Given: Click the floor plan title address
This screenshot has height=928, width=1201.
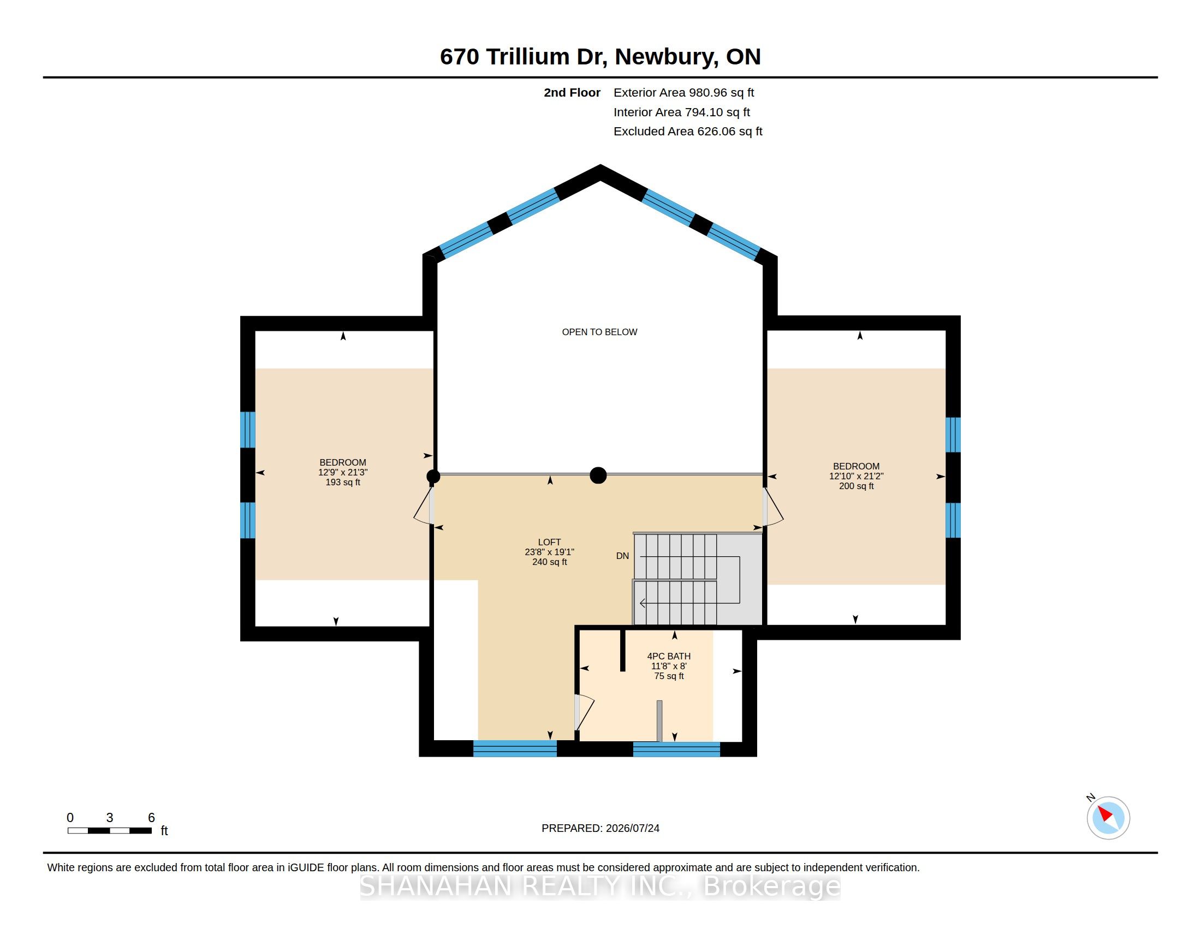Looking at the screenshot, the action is (600, 57).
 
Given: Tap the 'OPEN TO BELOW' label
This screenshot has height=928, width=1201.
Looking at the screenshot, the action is (599, 332).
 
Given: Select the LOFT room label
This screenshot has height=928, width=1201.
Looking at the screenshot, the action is (549, 552).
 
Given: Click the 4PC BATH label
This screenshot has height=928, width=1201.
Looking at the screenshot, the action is (669, 666).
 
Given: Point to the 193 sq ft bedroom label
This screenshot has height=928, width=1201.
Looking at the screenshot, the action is (343, 472).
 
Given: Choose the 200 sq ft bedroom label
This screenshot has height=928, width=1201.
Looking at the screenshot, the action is (856, 476).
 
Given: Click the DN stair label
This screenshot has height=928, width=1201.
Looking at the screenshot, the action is (622, 556).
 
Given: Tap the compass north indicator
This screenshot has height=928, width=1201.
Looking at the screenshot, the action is (1108, 817).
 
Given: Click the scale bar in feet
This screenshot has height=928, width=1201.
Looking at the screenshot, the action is (110, 830).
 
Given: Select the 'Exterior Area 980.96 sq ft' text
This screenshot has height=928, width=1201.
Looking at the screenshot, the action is (683, 93).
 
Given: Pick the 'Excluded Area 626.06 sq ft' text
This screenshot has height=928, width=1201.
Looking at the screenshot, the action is (688, 132).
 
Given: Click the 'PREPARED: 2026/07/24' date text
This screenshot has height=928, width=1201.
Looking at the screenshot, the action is (600, 828).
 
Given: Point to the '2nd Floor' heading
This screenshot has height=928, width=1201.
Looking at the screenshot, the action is (572, 93).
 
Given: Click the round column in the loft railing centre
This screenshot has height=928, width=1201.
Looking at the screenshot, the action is (598, 475).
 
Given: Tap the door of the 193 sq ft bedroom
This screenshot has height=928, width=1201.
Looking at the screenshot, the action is (424, 505).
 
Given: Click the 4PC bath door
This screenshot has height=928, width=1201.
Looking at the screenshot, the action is (584, 712).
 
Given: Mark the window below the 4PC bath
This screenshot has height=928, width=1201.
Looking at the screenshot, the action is (676, 749).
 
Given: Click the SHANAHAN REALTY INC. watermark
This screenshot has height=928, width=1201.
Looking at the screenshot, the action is (600, 885).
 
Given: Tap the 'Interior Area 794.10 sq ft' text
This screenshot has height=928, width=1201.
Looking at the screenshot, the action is (681, 112).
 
